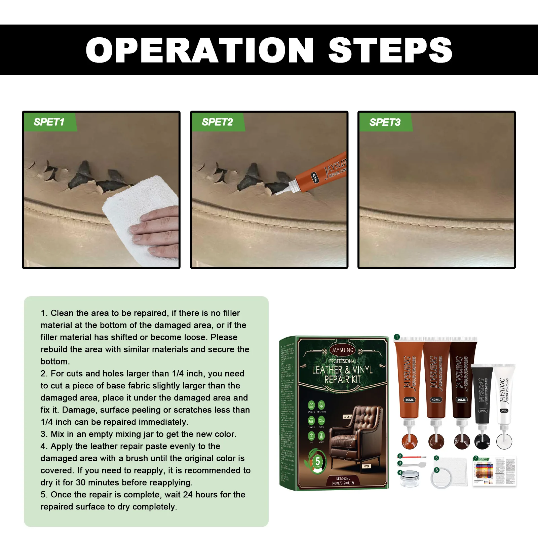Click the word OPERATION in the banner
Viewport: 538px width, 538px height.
point(200,50)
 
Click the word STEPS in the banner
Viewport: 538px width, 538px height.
point(390,50)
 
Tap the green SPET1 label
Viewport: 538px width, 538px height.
point(49,122)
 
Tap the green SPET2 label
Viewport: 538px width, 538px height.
point(217,122)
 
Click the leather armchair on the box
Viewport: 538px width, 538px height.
point(355,437)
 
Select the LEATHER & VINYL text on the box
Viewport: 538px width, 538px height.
point(342,370)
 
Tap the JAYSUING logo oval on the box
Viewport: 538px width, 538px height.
point(342,350)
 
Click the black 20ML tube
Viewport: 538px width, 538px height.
point(482,393)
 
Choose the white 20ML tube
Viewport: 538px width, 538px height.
point(504,393)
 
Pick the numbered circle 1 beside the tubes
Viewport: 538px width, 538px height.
point(397,337)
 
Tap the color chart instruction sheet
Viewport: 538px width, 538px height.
point(494,471)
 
